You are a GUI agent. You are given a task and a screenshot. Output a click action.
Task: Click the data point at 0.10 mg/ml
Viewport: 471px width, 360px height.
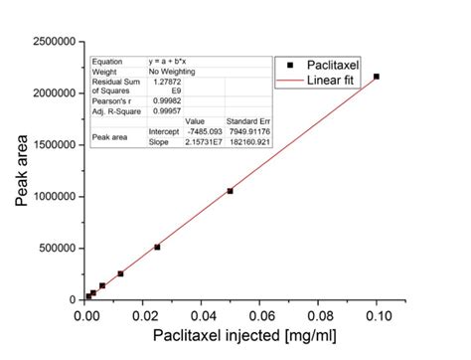(376, 77)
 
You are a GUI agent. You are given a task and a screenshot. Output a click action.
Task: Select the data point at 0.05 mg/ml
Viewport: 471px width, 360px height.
(231, 191)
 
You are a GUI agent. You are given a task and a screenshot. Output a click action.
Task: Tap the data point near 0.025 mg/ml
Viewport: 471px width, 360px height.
(158, 247)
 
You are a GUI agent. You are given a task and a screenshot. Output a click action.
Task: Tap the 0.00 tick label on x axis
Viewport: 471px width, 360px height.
(85, 315)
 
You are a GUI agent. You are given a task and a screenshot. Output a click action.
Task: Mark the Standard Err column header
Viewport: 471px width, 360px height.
(247, 120)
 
